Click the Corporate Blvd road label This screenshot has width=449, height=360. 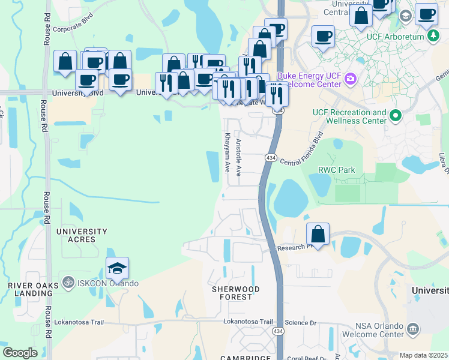[74, 28]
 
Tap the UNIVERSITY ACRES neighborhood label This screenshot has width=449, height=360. [82, 235]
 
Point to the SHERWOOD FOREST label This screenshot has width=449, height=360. [236, 293]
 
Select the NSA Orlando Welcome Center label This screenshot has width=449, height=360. [373, 330]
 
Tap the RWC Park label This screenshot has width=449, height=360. [337, 170]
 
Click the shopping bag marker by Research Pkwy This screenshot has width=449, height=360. [318, 234]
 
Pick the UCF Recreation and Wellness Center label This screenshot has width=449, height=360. [349, 116]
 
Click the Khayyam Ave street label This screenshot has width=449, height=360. [228, 152]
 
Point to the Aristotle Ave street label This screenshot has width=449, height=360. [238, 157]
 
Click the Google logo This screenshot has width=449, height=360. [19, 353]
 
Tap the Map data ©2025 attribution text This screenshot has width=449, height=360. [423, 355]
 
